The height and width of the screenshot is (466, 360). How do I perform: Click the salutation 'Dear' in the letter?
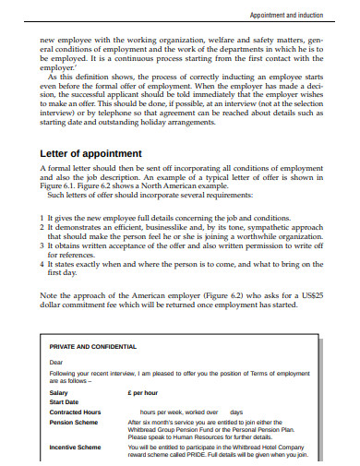click(56, 363)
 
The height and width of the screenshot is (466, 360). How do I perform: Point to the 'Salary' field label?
click(58, 392)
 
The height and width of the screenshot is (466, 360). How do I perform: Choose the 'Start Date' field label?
click(64, 401)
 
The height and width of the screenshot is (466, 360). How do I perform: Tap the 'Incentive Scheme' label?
click(74, 447)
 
